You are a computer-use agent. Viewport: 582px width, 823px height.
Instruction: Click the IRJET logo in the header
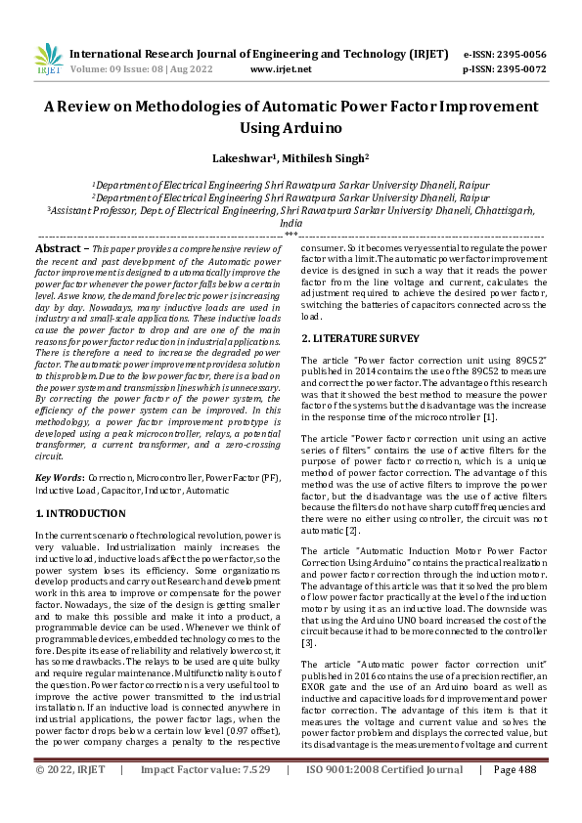[48, 61]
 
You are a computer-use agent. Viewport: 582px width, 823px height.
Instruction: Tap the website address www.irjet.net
[281, 69]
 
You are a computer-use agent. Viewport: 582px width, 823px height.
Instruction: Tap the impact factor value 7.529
[250, 798]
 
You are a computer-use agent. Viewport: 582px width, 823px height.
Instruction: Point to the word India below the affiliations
[291, 224]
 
